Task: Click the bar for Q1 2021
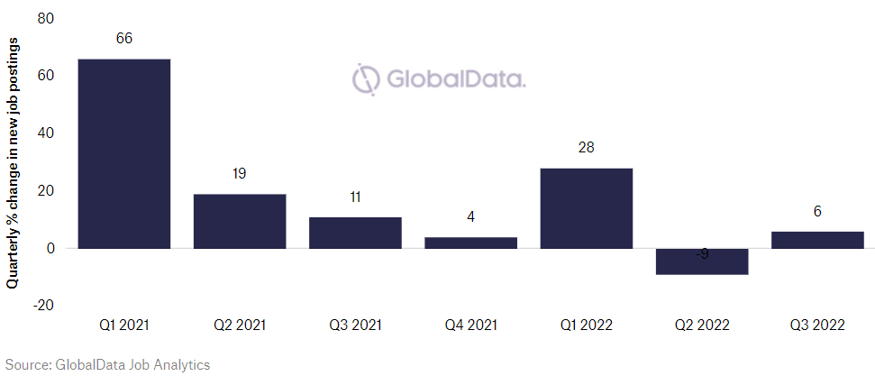(123, 153)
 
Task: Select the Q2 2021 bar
(240, 221)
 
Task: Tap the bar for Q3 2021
(355, 233)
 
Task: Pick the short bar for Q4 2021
(470, 243)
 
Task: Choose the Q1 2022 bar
(587, 208)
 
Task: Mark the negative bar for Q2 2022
(702, 261)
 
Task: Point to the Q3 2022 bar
(817, 240)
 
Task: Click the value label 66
(124, 39)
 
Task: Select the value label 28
(587, 148)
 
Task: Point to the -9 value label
(702, 255)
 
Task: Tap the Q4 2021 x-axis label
(470, 325)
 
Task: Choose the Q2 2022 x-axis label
(702, 325)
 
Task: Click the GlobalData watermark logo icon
(366, 79)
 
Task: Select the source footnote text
(105, 364)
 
